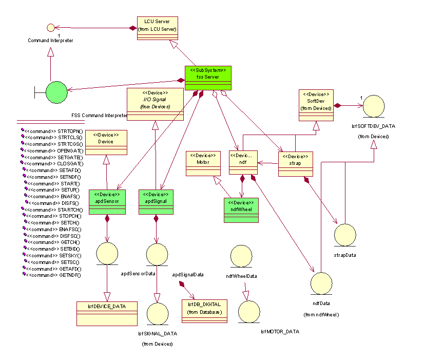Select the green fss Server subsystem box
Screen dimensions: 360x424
click(x=208, y=77)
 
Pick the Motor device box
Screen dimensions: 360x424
click(x=204, y=164)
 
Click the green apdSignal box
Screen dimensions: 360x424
click(x=156, y=202)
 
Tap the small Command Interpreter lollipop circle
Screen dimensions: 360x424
click(x=50, y=27)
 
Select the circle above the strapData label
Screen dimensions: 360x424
click(x=345, y=235)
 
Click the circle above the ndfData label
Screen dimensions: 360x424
click(x=322, y=284)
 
